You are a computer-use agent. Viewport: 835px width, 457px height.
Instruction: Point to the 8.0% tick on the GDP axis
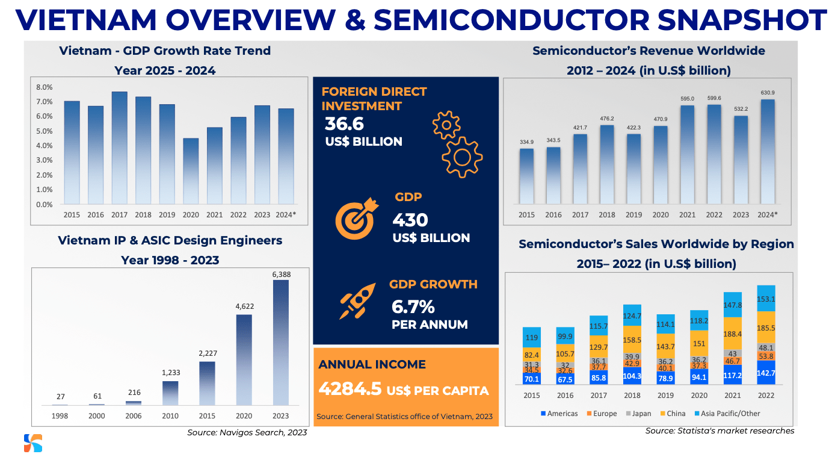(45, 87)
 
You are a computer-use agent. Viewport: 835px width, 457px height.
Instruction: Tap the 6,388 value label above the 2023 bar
(281, 274)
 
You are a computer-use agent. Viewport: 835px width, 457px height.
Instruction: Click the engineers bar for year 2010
(170, 393)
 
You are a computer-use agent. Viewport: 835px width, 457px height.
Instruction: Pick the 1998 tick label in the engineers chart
(60, 416)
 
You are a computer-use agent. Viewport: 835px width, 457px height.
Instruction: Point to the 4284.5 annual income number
(350, 388)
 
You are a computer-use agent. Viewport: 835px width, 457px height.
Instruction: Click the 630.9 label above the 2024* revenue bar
(766, 93)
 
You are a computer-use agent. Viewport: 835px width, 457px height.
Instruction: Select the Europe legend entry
(602, 414)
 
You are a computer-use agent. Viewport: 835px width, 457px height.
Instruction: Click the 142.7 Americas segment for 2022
(766, 373)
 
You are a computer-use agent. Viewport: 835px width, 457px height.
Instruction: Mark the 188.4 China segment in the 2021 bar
(732, 334)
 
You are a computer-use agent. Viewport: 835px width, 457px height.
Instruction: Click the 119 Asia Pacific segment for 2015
(532, 338)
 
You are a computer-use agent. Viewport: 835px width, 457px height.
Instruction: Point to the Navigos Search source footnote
(247, 433)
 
